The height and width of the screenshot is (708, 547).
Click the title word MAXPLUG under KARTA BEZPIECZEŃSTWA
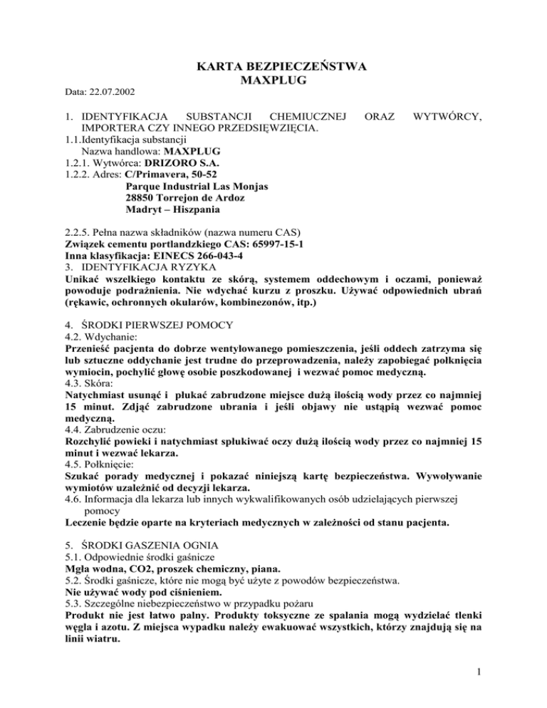coord(274,80)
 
